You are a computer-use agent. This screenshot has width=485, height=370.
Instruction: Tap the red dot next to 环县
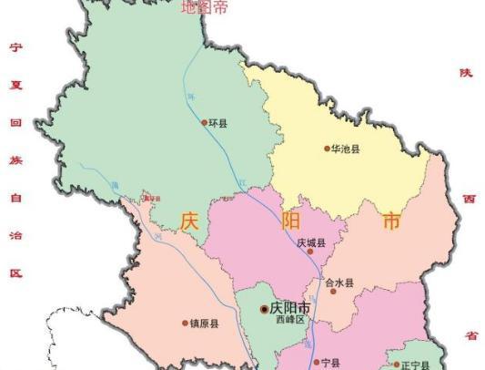[205, 122]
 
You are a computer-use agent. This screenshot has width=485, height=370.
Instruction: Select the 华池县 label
[346, 149]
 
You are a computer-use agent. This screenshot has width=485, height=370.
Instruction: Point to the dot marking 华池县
[327, 149]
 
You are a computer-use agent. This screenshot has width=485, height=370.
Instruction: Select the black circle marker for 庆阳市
[265, 309]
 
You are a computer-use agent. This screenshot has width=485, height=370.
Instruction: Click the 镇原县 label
[205, 323]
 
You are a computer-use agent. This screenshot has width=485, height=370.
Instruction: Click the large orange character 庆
[189, 221]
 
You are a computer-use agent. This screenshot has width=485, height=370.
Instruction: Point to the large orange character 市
[391, 221]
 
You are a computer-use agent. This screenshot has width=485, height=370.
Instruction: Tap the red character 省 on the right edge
[470, 334]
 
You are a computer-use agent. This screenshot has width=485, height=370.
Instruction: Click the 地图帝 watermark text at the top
[205, 8]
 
